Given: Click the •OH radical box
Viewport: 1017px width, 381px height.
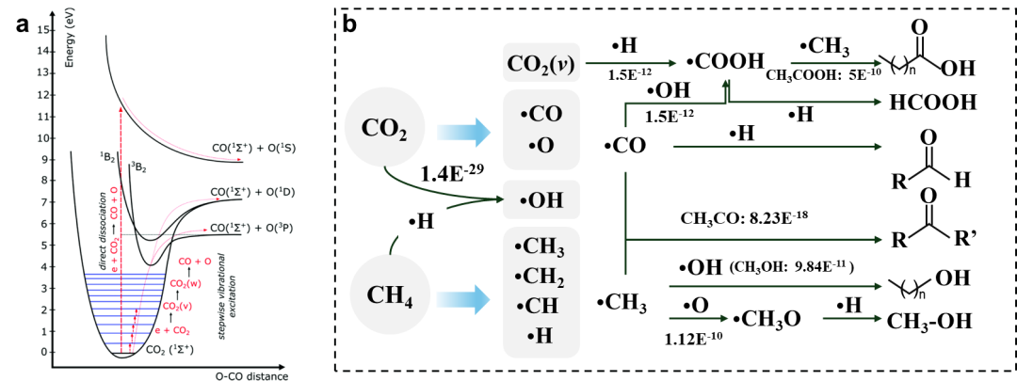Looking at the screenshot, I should tap(540, 200).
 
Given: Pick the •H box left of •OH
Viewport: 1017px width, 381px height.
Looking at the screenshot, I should tap(422, 221).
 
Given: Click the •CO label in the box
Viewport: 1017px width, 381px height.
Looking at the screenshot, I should tap(541, 115).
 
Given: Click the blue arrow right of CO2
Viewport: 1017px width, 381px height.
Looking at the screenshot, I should tap(462, 132).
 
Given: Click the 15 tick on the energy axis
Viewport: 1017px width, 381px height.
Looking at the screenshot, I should tap(42, 30).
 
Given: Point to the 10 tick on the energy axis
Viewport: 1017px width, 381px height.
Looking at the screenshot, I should tap(42, 138).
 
